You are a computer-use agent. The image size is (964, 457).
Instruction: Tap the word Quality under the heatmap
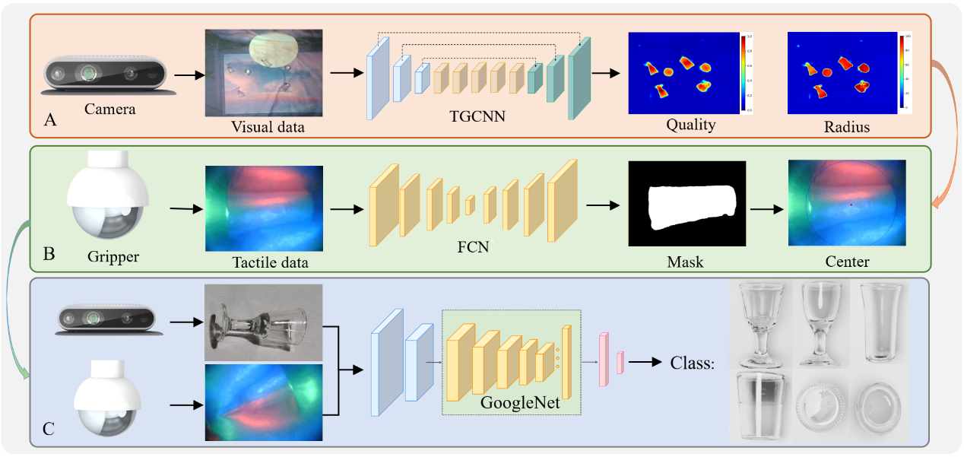pos(690,125)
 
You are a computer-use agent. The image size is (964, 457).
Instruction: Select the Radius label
pos(846,127)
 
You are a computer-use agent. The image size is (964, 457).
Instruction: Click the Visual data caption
pos(268,127)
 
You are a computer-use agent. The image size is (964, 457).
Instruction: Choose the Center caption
pos(847,262)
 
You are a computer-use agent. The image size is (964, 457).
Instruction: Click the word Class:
pos(692,363)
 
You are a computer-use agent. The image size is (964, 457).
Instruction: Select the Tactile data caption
pos(270,262)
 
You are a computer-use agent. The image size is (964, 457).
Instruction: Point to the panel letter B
pos(49,254)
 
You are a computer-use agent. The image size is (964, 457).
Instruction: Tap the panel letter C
pos(49,429)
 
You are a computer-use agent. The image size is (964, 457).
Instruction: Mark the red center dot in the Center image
pos(851,205)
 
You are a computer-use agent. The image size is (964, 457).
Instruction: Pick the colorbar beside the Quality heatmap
pos(747,72)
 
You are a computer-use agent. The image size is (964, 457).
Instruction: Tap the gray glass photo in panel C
pos(263,322)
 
